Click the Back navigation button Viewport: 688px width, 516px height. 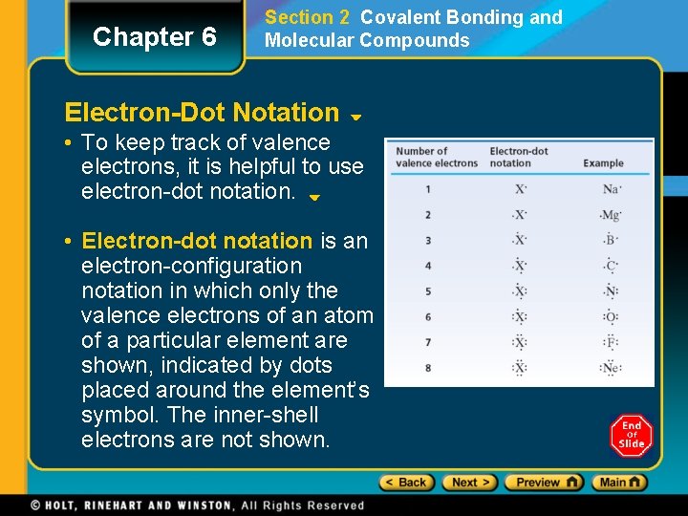tap(406, 483)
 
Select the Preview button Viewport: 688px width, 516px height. tap(543, 483)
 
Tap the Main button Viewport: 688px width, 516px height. tap(619, 483)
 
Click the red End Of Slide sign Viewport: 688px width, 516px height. tap(632, 436)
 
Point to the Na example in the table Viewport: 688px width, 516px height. tap(612, 189)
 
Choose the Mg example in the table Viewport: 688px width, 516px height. tap(611, 215)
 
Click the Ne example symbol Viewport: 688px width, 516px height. tap(611, 368)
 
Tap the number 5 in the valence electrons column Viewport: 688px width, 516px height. tap(428, 291)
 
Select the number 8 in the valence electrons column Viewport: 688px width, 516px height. tap(428, 368)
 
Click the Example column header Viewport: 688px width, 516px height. tap(603, 163)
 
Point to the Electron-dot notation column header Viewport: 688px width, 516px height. tap(519, 157)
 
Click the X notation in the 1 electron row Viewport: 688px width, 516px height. tap(521, 189)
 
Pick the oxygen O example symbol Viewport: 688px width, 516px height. tap(611, 317)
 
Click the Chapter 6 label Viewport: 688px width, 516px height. tap(154, 37)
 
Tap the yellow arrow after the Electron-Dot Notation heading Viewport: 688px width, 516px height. tap(355, 118)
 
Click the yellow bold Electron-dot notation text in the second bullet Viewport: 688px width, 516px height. tap(197, 241)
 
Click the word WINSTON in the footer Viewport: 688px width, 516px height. tap(198, 505)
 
